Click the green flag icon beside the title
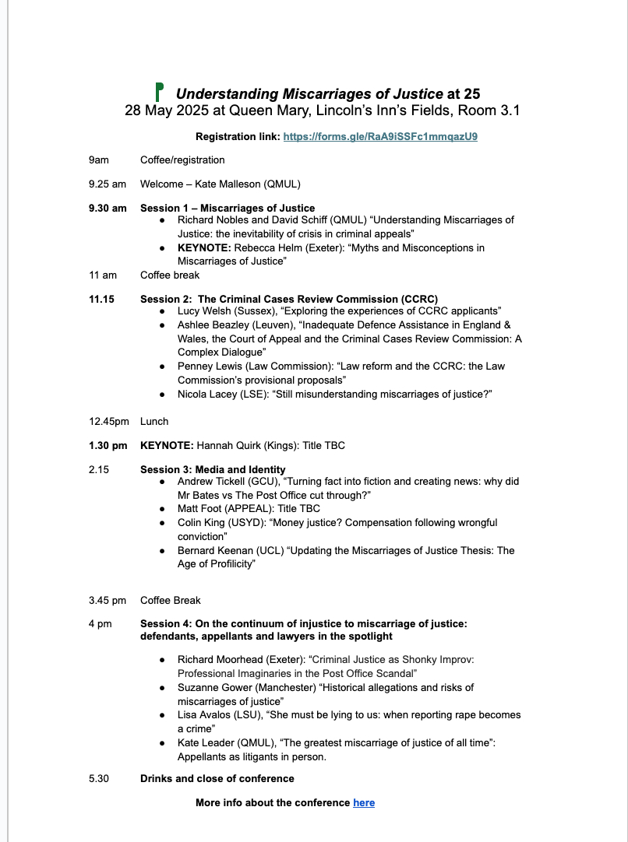coord(160,92)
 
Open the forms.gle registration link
coord(380,136)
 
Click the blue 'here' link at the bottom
coord(364,802)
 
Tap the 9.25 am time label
coord(108,184)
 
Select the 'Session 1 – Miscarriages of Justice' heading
coord(228,208)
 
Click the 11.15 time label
coord(102,299)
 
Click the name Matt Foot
coord(199,509)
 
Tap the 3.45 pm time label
coord(108,600)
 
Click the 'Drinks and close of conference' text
coord(217,778)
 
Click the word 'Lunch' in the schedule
coord(154,421)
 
